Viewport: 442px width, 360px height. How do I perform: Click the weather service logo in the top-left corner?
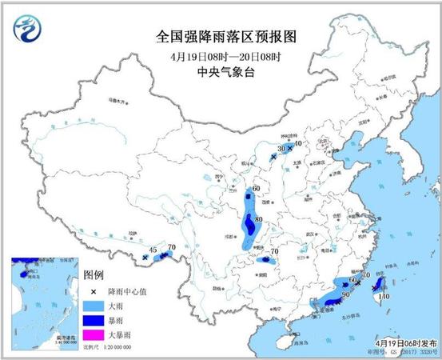point(26,30)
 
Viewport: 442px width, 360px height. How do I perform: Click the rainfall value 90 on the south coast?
point(345,294)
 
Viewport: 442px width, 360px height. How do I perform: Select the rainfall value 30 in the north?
point(281,149)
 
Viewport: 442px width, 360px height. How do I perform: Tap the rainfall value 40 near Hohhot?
point(297,143)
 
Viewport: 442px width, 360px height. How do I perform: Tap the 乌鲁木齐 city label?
point(117,102)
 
